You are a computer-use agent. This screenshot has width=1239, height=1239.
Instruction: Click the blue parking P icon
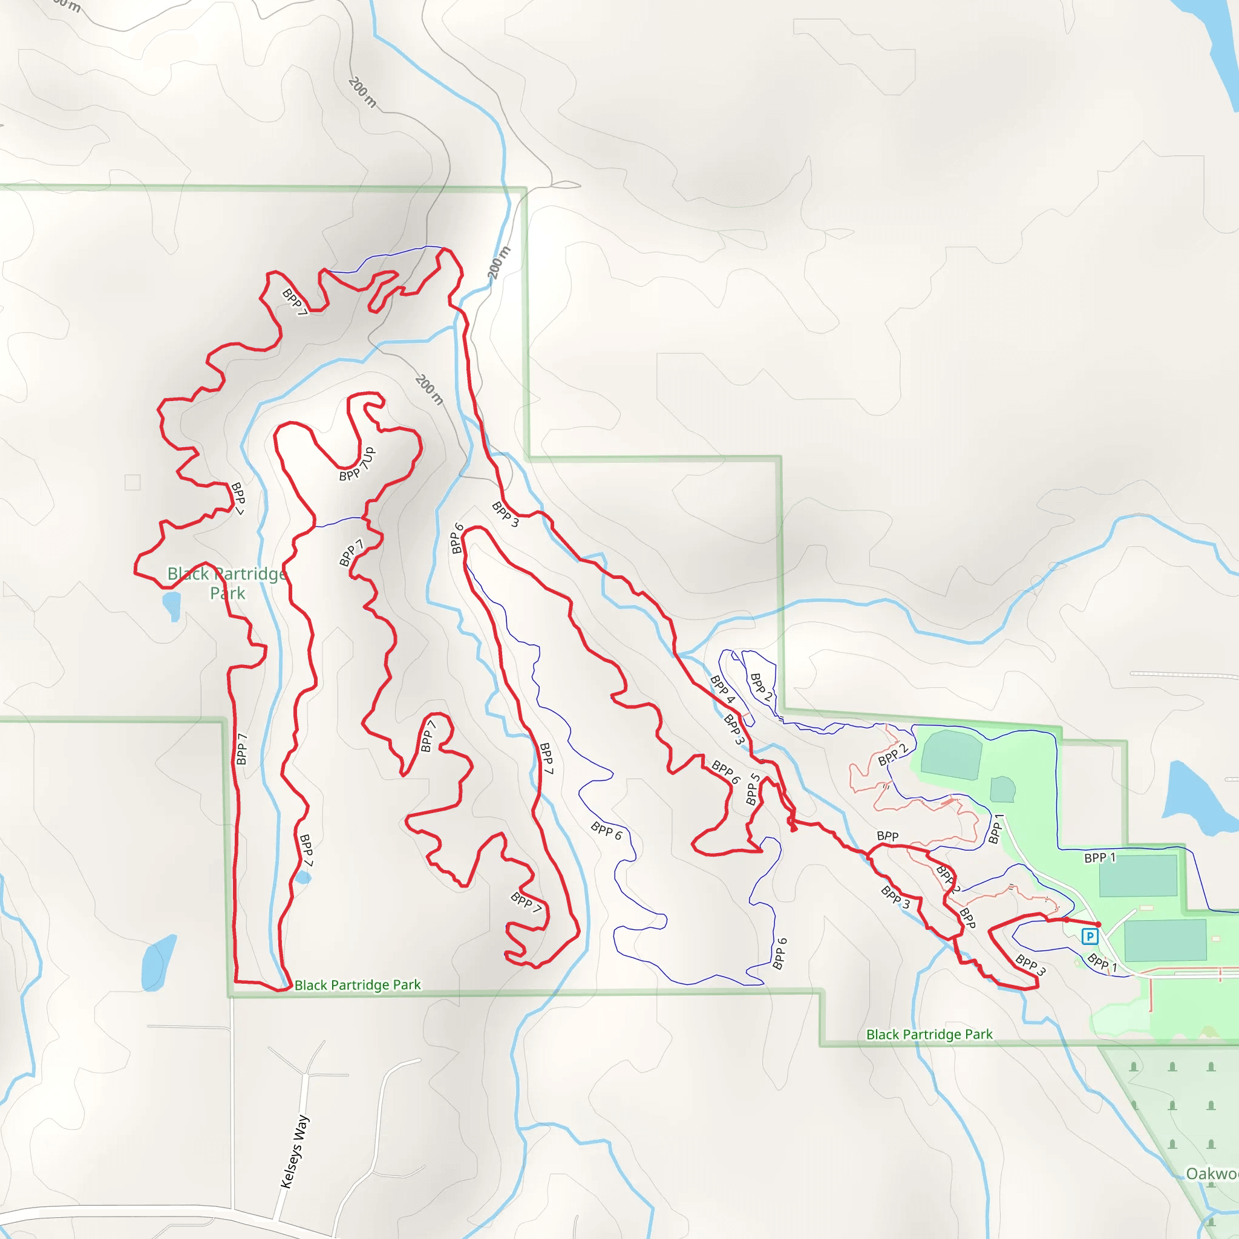click(x=1090, y=937)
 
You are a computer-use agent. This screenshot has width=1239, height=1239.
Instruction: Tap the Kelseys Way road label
click(x=296, y=1151)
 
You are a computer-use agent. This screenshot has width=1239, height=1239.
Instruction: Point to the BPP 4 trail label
click(x=722, y=690)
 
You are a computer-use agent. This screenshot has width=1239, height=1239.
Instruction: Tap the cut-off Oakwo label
click(x=1211, y=1174)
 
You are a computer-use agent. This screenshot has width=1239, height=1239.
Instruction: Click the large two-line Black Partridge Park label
click(x=227, y=583)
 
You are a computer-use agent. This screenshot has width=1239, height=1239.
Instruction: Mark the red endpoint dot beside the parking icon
click(x=1098, y=924)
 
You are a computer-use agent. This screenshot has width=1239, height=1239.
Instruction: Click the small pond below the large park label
click(x=172, y=605)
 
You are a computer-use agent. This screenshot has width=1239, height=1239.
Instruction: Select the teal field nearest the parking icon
click(x=1165, y=940)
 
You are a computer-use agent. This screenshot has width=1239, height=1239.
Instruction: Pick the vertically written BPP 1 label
click(x=995, y=829)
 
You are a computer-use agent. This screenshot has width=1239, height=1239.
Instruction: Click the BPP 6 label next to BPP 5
click(x=726, y=771)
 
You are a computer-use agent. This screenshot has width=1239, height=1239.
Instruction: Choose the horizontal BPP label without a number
click(x=888, y=836)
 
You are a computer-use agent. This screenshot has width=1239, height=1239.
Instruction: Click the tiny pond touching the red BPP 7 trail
click(x=302, y=877)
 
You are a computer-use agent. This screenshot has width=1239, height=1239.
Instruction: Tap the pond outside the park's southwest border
click(x=157, y=962)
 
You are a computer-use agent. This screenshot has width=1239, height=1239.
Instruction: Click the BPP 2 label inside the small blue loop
click(x=761, y=686)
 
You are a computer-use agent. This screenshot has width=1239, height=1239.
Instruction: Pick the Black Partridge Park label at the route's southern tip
click(x=357, y=985)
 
